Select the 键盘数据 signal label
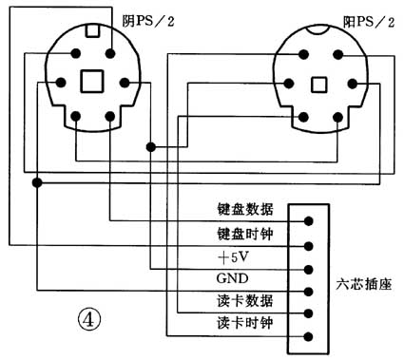(x=246, y=210)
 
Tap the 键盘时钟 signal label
(x=246, y=233)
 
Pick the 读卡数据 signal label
(x=246, y=301)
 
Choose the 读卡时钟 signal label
(x=246, y=324)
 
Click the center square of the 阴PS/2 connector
(x=91, y=82)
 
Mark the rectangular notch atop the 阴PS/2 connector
(x=91, y=29)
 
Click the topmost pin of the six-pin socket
(x=307, y=220)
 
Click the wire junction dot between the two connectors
(x=151, y=146)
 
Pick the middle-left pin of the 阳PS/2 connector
(x=284, y=83)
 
